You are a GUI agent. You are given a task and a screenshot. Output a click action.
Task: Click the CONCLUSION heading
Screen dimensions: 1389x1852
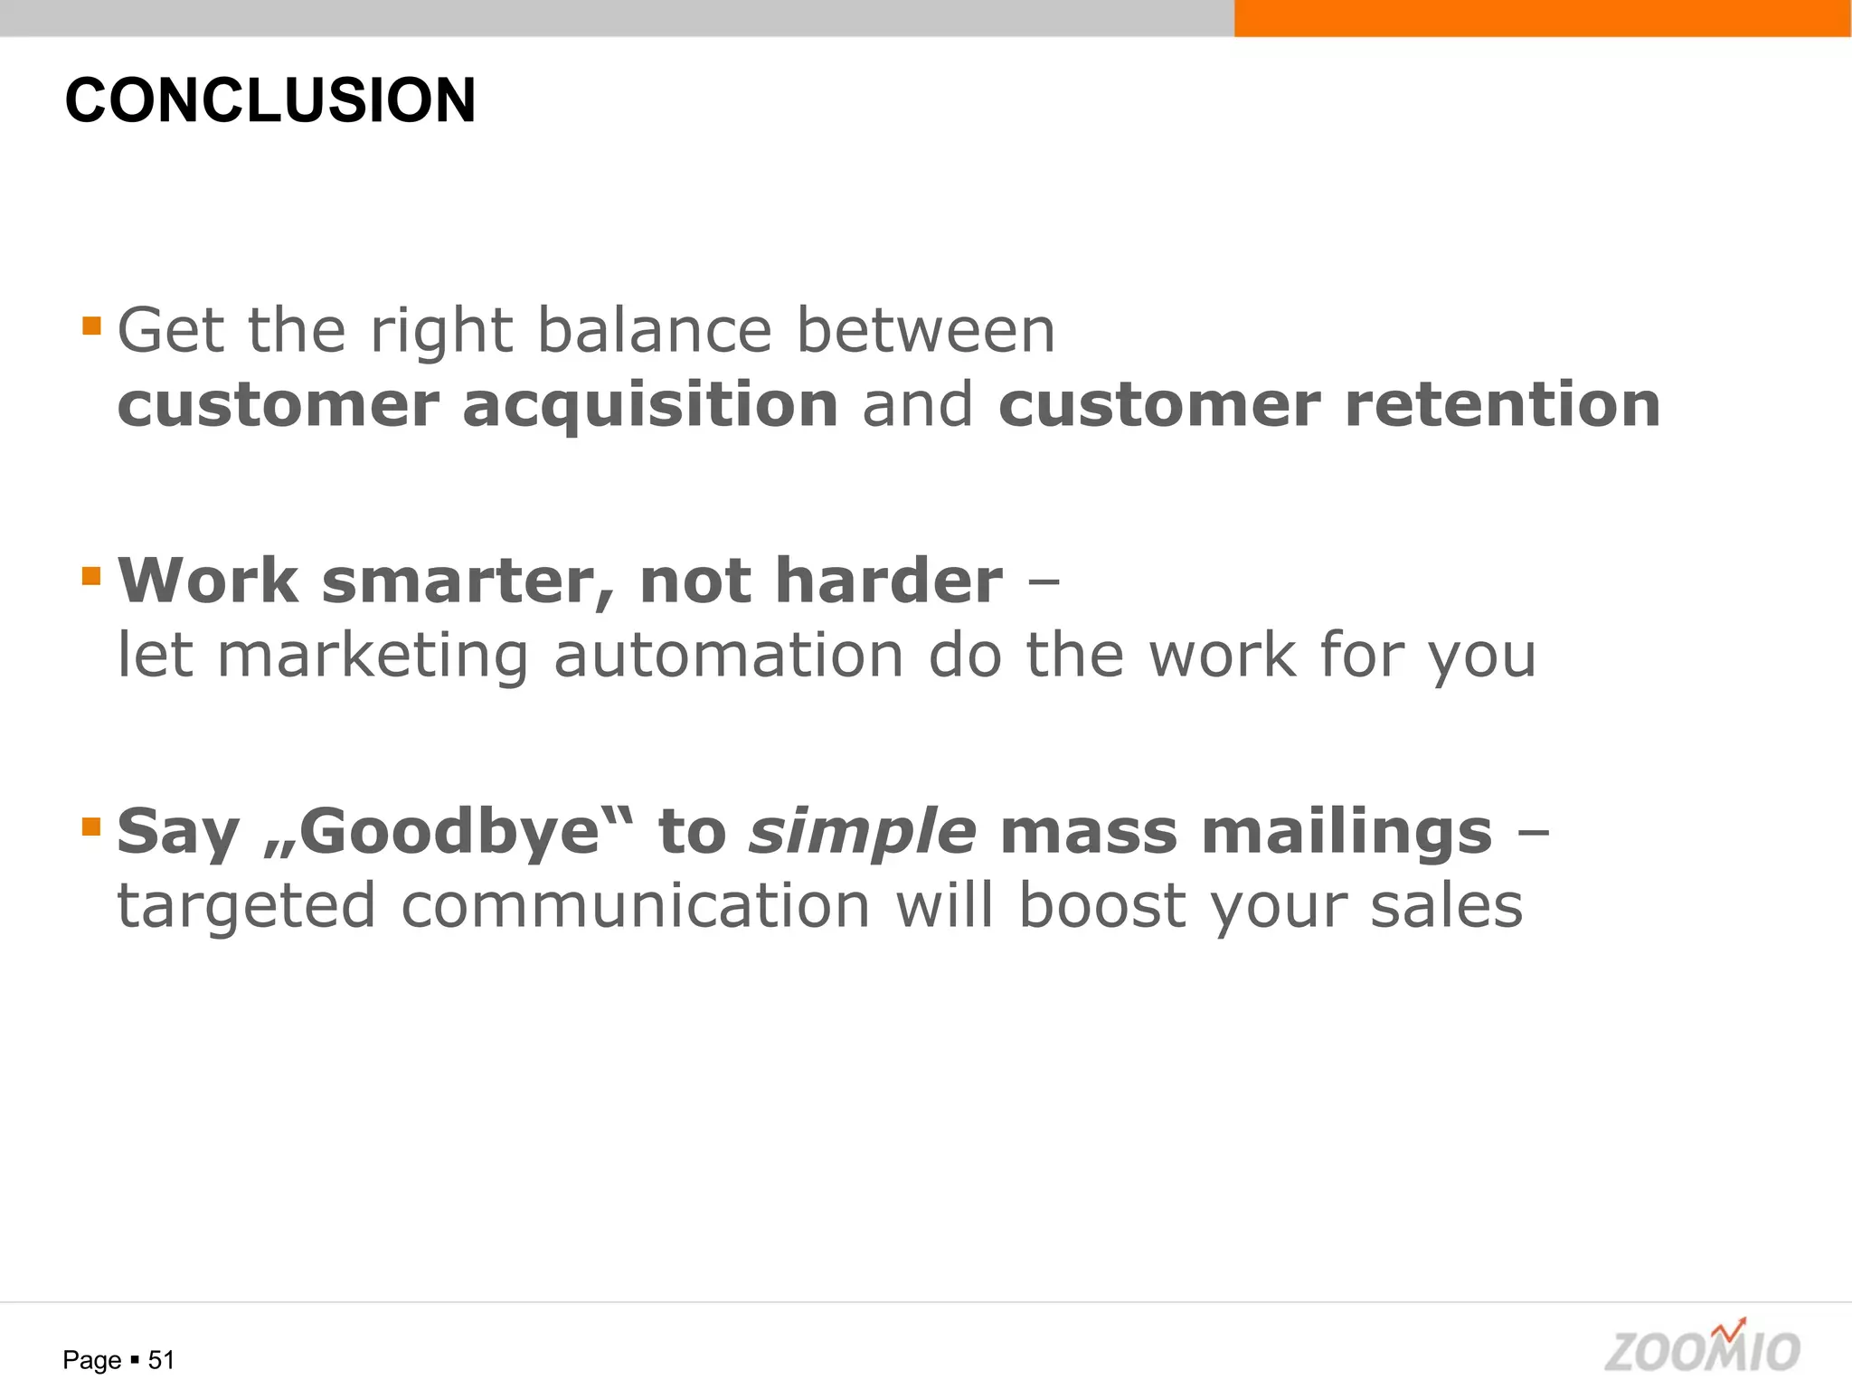tap(269, 100)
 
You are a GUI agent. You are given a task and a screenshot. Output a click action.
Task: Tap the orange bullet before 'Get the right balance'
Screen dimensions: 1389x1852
tap(91, 326)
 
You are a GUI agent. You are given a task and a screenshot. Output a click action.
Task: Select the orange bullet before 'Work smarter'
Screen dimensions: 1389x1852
tap(91, 576)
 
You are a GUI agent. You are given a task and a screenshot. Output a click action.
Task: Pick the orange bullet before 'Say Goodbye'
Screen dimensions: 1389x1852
tap(91, 827)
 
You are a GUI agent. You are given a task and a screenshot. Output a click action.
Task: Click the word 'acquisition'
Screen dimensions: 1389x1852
tap(650, 405)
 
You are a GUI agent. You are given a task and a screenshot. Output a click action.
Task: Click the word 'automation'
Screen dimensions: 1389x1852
tap(728, 655)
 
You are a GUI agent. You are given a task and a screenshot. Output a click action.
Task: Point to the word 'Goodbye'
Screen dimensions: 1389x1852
tap(450, 832)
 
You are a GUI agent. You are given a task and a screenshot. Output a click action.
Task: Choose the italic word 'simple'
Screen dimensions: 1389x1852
tap(863, 832)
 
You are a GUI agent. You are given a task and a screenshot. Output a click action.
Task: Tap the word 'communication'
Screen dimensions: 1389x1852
tap(635, 906)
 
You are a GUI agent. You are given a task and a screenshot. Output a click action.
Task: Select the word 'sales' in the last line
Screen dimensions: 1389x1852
tap(1446, 906)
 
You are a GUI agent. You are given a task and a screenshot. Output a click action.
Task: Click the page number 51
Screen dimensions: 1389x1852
tap(161, 1360)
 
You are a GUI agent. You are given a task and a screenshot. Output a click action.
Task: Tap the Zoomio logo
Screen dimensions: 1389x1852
tap(1702, 1348)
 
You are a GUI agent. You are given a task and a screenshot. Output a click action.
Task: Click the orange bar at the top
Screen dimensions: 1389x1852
tap(1542, 18)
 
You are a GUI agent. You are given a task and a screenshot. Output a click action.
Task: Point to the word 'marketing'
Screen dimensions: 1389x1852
tap(373, 657)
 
